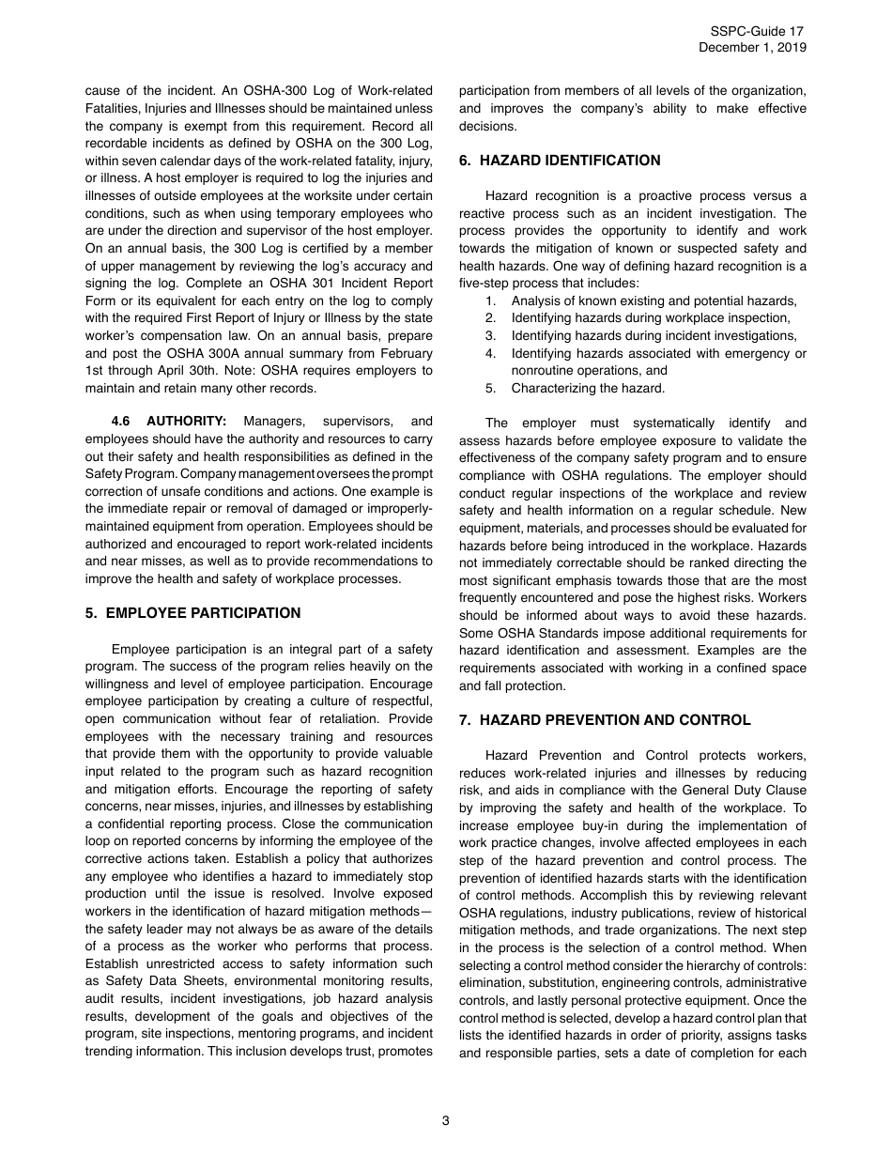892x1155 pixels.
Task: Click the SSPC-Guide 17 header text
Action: [757, 32]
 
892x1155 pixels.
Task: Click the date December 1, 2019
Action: [752, 48]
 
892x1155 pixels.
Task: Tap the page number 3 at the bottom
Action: [446, 1119]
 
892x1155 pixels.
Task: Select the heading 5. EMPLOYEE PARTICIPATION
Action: [192, 613]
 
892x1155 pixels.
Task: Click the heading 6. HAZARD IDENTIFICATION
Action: [560, 161]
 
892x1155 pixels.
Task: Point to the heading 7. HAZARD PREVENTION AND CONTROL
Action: [605, 720]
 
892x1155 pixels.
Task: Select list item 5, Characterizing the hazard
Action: [588, 388]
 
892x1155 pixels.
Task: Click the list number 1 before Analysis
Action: [490, 300]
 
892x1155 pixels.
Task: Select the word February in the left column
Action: [405, 353]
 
